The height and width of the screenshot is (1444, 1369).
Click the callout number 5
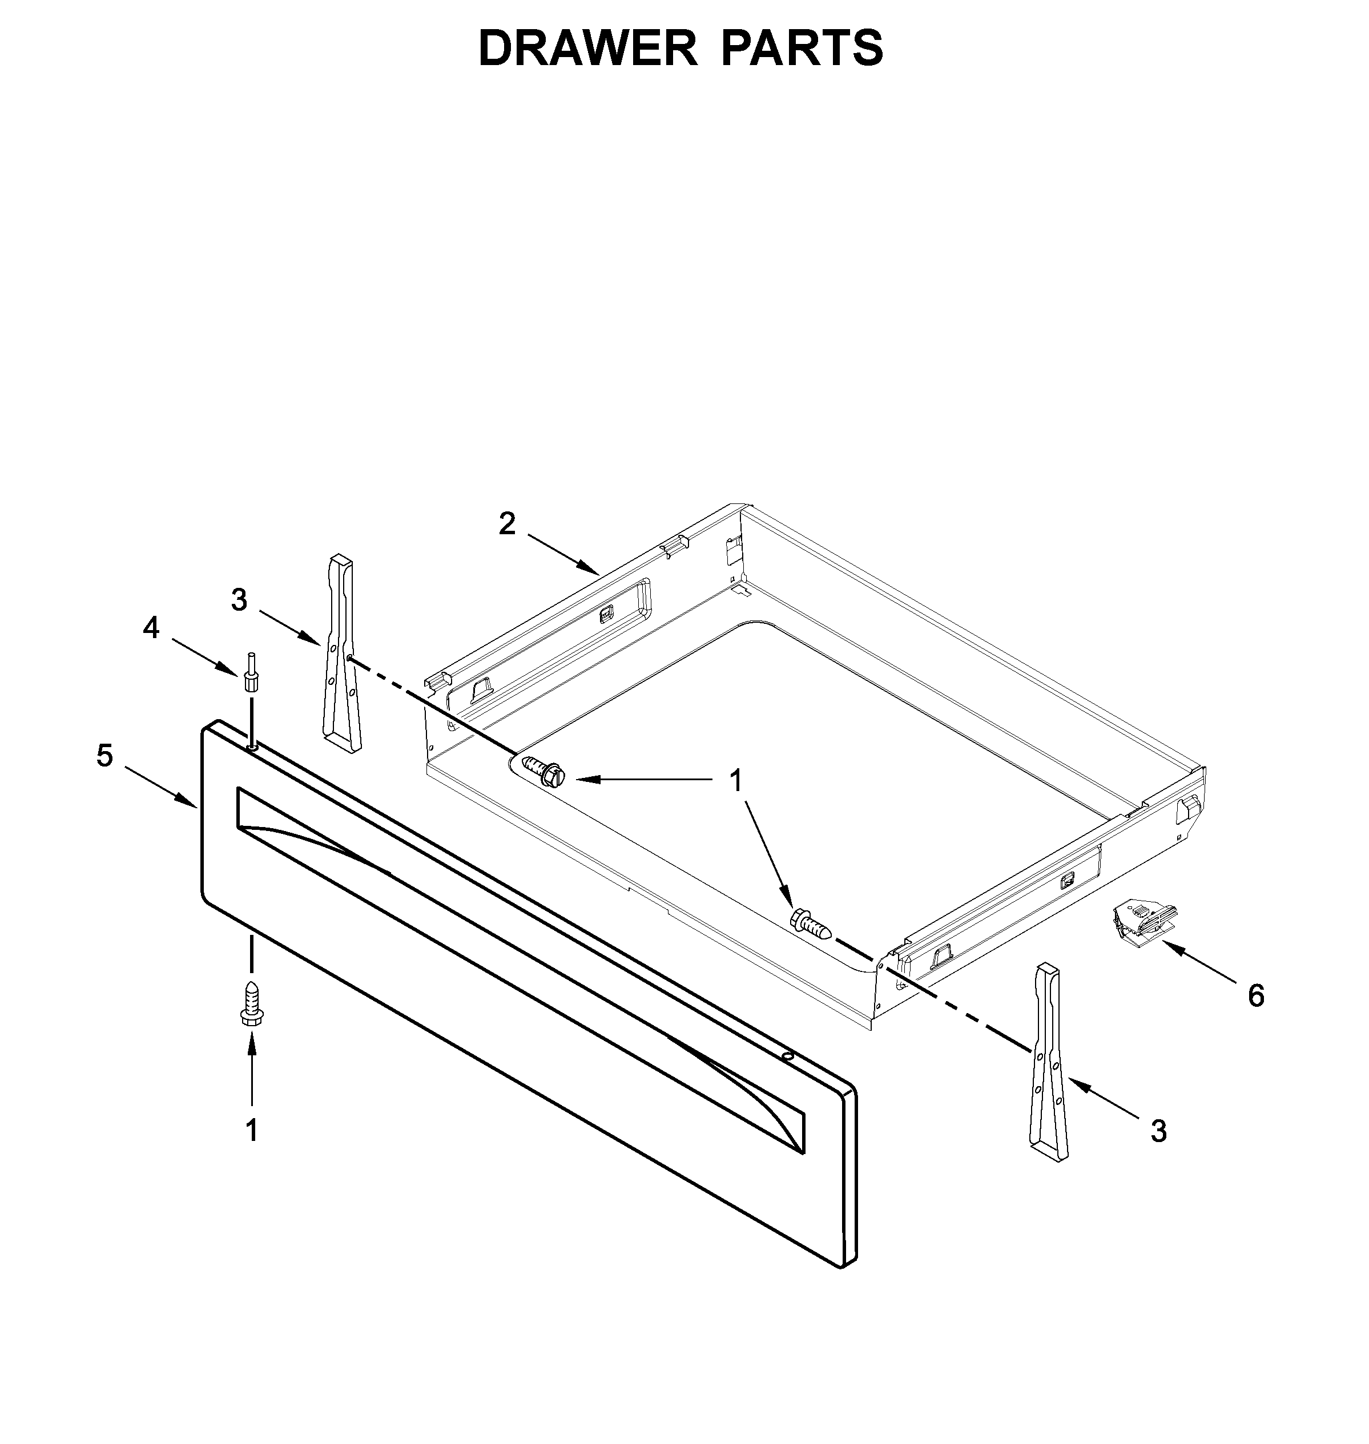click(x=105, y=756)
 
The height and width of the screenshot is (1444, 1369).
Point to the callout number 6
click(x=1256, y=995)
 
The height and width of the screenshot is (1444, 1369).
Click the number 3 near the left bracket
click(x=239, y=600)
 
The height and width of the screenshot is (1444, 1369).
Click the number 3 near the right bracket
click(x=1159, y=1131)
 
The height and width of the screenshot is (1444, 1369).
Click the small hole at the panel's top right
click(x=787, y=1056)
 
